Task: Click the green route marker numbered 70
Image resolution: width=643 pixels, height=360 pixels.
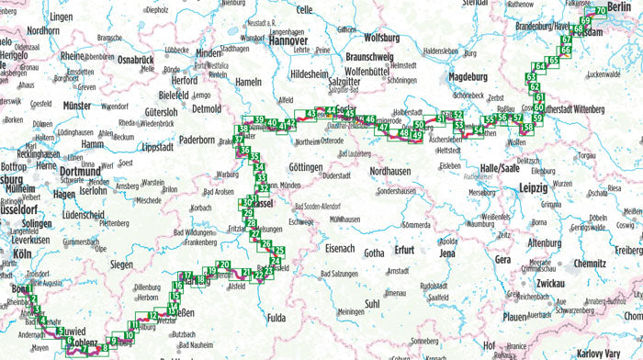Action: point(601,12)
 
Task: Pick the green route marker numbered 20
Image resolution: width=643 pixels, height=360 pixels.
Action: point(224,265)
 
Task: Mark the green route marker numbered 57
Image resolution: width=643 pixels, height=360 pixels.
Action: point(518,118)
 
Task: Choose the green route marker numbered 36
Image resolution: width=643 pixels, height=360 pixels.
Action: point(244,149)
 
